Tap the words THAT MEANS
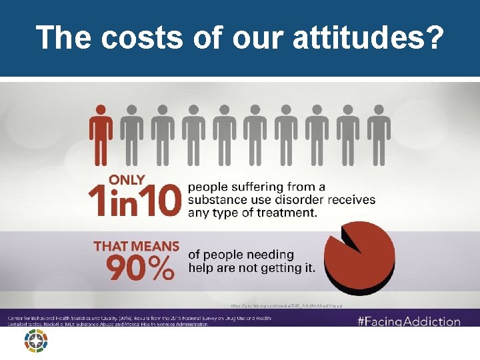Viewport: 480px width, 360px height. point(137,245)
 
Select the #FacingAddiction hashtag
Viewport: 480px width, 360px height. point(409,321)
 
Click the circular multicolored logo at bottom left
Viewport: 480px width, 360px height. point(35,340)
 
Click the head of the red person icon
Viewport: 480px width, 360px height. point(101,109)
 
